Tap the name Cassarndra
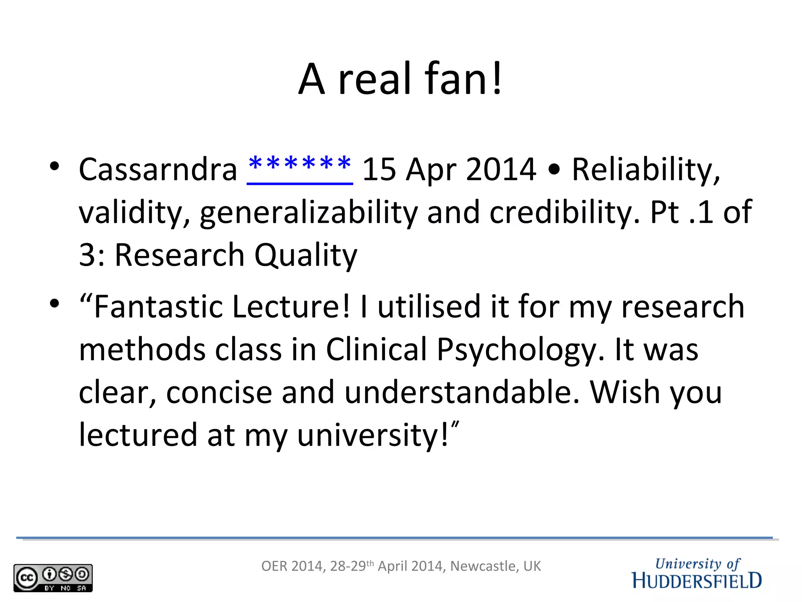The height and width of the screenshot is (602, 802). tap(158, 169)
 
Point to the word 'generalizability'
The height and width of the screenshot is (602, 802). tap(309, 212)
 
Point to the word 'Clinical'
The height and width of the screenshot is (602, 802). tap(376, 349)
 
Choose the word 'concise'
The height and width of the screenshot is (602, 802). tap(219, 392)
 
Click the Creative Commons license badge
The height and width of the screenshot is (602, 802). tap(53, 578)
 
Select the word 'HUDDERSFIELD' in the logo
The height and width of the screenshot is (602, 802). tap(697, 581)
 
